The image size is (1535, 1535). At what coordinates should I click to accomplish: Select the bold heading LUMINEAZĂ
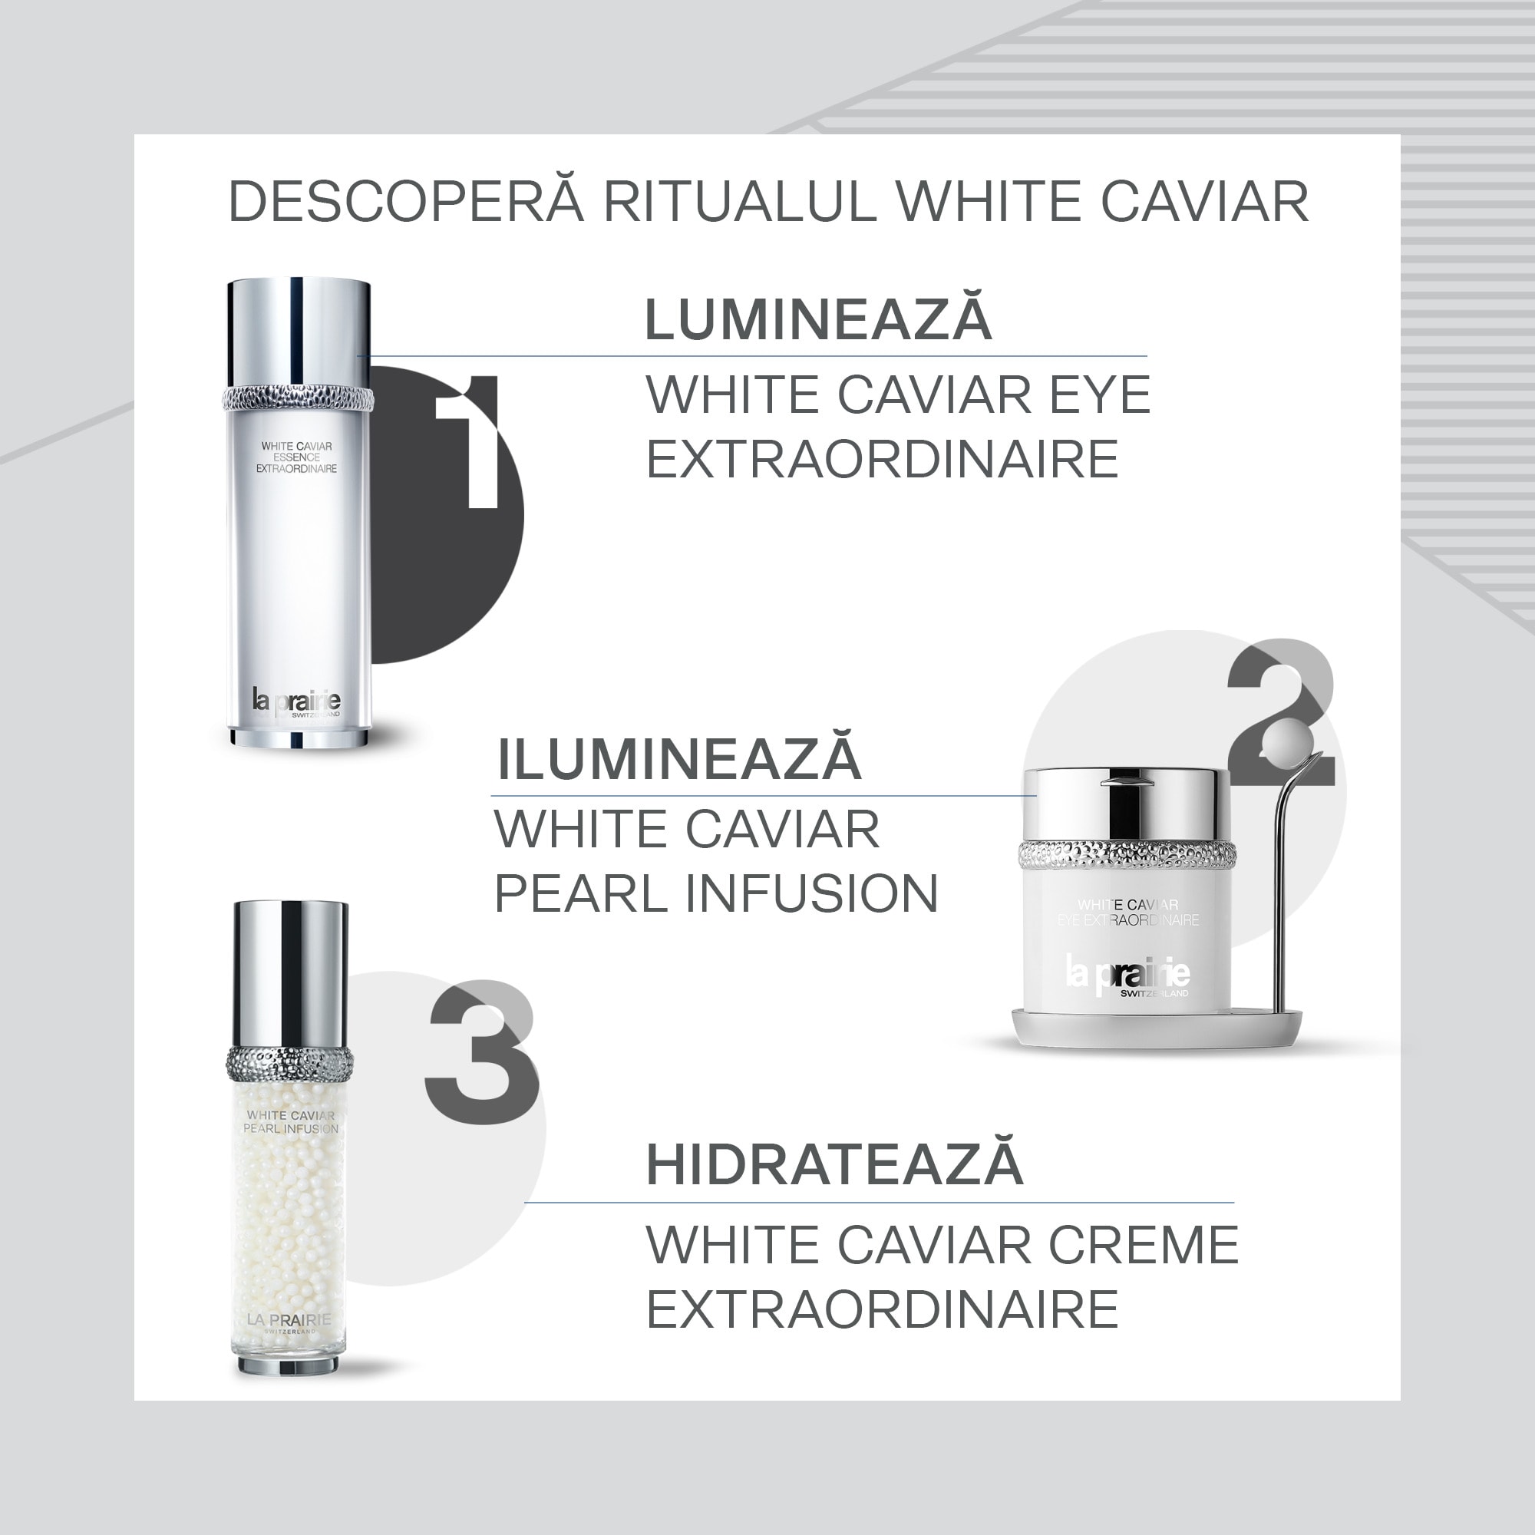(x=817, y=319)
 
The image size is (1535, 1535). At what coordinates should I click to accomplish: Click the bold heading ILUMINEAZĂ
(x=679, y=759)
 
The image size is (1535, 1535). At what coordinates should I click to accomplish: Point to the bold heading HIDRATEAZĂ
(x=834, y=1165)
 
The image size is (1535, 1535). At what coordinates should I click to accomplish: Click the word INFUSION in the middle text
(x=811, y=893)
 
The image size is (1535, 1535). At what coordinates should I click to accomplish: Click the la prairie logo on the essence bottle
(x=296, y=701)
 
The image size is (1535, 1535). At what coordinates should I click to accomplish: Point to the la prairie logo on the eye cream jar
(x=1127, y=975)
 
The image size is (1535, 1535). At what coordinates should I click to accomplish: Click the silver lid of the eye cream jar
(x=1127, y=803)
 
